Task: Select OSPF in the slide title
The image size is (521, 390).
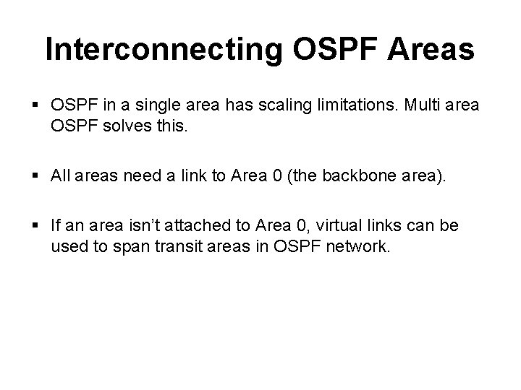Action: [x=329, y=50]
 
